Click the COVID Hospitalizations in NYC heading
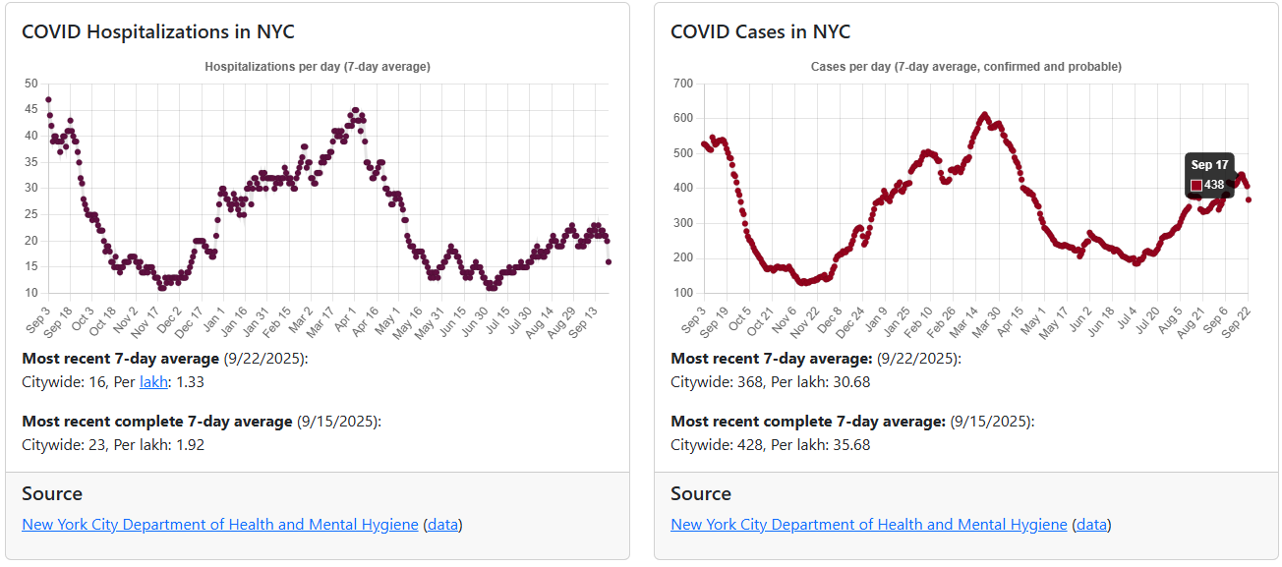click(157, 31)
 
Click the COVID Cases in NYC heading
click(760, 31)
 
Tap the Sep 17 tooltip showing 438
click(1208, 176)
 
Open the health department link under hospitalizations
click(220, 524)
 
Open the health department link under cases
click(869, 524)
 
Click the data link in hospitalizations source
click(442, 524)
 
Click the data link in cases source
click(1091, 524)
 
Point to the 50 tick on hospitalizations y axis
click(31, 84)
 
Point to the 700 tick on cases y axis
click(681, 84)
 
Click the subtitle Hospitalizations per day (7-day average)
click(318, 67)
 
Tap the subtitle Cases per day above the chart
click(965, 67)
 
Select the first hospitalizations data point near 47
click(48, 99)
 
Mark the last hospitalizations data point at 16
click(609, 261)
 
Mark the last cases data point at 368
click(1249, 199)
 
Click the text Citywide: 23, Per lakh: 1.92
click(113, 444)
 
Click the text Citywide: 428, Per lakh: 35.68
click(770, 444)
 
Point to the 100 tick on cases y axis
click(681, 293)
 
